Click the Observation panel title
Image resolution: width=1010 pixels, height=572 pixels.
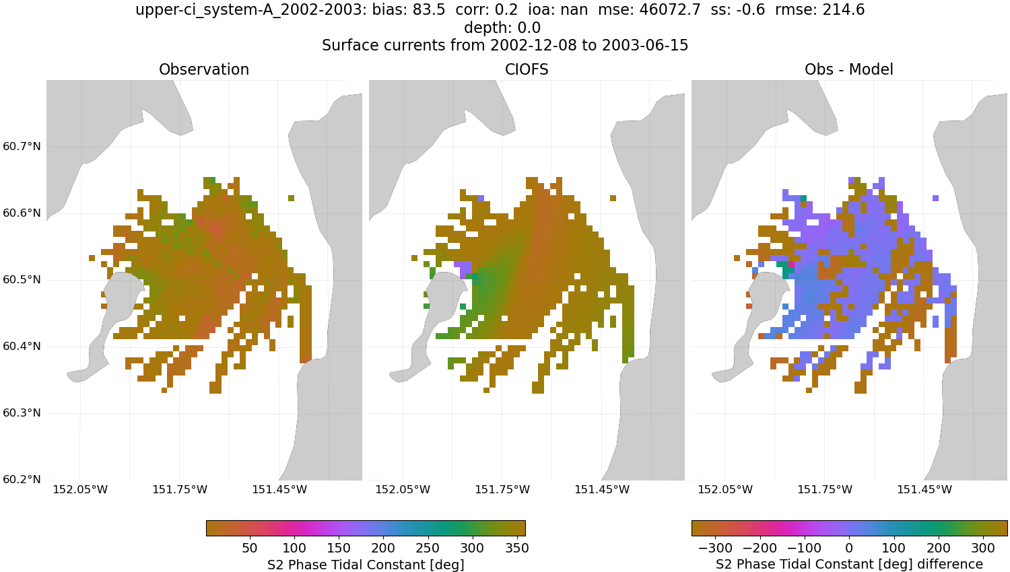tap(203, 69)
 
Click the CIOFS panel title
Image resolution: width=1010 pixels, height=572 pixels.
tap(527, 69)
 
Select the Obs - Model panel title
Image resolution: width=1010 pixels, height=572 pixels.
tap(848, 69)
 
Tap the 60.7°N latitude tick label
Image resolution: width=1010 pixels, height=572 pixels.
tap(22, 147)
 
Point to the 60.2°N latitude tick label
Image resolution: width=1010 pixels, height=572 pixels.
tap(22, 480)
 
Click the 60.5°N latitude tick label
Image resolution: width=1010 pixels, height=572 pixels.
tap(22, 280)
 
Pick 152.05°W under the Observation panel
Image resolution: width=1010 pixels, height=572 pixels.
tap(80, 489)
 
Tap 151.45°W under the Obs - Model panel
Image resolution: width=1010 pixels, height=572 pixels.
tap(924, 489)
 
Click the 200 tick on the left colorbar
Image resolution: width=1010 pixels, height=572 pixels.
tap(383, 548)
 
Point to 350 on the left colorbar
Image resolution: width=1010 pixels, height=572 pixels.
tap(516, 548)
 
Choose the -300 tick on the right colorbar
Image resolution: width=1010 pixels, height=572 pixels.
tap(715, 548)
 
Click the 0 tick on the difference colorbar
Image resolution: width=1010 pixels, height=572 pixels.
tap(849, 548)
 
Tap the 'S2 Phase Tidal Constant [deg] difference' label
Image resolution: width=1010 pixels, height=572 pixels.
tap(849, 564)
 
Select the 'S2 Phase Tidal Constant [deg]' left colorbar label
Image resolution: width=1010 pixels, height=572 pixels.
tap(366, 564)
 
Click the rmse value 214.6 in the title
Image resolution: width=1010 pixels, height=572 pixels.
tap(843, 10)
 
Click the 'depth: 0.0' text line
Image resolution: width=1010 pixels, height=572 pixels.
tap(502, 28)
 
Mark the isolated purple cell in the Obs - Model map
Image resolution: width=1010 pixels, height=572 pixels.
tap(936, 198)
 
